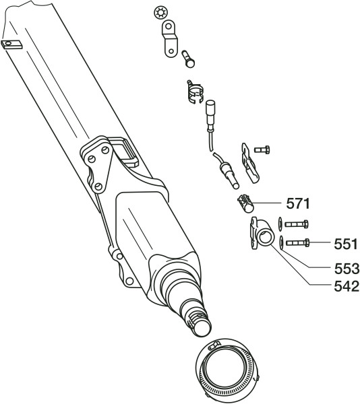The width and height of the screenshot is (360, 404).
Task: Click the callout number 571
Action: pyautogui.click(x=298, y=203)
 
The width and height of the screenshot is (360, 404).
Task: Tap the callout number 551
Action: pyautogui.click(x=346, y=244)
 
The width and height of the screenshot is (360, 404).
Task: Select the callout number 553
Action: pyautogui.click(x=347, y=269)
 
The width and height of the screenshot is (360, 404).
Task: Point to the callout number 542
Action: pyautogui.click(x=347, y=286)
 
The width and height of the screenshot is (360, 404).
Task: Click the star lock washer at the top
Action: pyautogui.click(x=160, y=13)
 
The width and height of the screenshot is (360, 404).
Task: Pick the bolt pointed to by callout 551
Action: pyautogui.click(x=298, y=242)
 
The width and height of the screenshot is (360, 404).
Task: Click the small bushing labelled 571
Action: pyautogui.click(x=245, y=203)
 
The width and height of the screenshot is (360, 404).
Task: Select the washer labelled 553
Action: pyautogui.click(x=281, y=242)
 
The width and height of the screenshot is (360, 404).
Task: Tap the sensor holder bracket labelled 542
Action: pyautogui.click(x=261, y=233)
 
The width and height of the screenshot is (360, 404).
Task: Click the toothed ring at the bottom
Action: pyautogui.click(x=227, y=371)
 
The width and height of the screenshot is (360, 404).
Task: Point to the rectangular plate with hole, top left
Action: pyautogui.click(x=11, y=44)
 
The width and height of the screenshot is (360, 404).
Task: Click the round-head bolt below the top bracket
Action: pyautogui.click(x=188, y=59)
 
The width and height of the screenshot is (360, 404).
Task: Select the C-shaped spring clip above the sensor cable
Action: pyautogui.click(x=196, y=92)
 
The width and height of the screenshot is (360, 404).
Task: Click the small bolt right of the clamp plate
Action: pyautogui.click(x=262, y=149)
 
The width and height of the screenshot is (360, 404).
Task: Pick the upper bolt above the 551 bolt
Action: pyautogui.click(x=297, y=224)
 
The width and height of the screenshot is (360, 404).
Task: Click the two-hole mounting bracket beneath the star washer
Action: pyautogui.click(x=170, y=38)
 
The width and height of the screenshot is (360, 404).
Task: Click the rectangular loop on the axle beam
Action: pyautogui.click(x=125, y=152)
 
